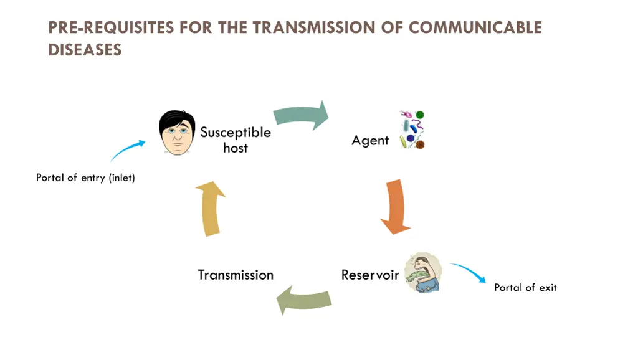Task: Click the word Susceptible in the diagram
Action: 235,133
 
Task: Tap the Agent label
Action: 370,141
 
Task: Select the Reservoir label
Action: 370,275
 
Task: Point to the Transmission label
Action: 236,275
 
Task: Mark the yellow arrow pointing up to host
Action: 212,209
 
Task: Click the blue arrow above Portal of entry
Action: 128,151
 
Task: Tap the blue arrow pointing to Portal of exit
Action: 468,273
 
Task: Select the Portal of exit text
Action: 525,287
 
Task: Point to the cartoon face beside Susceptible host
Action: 177,133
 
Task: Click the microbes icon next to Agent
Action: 412,130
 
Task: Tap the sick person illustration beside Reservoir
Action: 423,272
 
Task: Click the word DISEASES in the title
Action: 85,50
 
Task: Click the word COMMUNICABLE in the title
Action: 475,28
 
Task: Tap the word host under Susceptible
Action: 235,148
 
